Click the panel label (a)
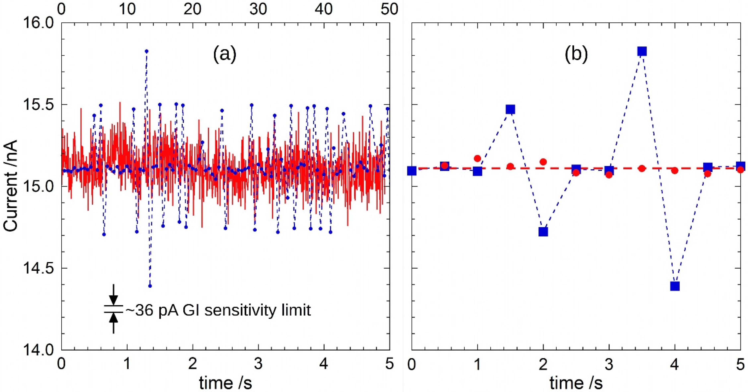[225, 54]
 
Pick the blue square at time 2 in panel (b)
[543, 232]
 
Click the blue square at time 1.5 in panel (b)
[510, 109]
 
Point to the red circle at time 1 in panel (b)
[477, 158]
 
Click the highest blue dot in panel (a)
[147, 51]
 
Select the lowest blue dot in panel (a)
[150, 286]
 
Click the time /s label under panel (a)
[225, 383]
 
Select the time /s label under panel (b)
[576, 383]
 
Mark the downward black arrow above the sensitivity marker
[114, 295]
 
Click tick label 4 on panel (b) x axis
[675, 364]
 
